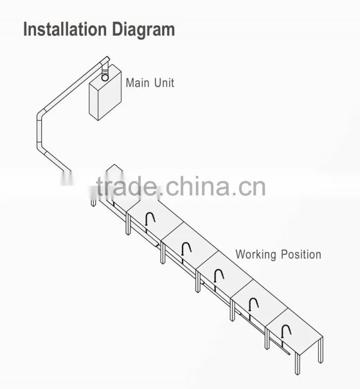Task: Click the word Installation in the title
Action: click(65, 29)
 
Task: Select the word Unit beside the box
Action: click(164, 83)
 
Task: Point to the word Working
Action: click(256, 255)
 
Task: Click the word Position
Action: click(301, 254)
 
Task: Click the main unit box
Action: click(105, 93)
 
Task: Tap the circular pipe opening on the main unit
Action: click(105, 78)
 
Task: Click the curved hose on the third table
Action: click(219, 275)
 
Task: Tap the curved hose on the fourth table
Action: click(253, 304)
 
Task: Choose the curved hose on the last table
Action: click(286, 331)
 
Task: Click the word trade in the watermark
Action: click(127, 187)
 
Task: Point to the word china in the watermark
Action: click(198, 186)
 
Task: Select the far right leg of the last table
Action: click(320, 349)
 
